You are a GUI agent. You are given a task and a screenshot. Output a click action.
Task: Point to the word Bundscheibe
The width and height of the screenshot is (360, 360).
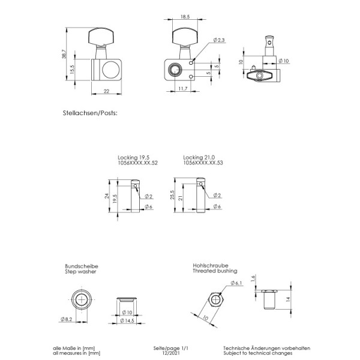(x=81, y=266)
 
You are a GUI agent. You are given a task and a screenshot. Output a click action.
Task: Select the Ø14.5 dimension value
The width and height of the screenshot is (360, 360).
(x=127, y=322)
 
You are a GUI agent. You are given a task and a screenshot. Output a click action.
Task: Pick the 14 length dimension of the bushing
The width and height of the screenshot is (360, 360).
(x=287, y=298)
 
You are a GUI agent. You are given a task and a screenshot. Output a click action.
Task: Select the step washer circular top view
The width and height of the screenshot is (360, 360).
(x=82, y=300)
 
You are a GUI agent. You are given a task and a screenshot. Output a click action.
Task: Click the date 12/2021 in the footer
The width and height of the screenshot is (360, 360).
(x=171, y=353)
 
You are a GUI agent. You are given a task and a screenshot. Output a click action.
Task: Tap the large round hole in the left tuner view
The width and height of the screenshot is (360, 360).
(x=109, y=71)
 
